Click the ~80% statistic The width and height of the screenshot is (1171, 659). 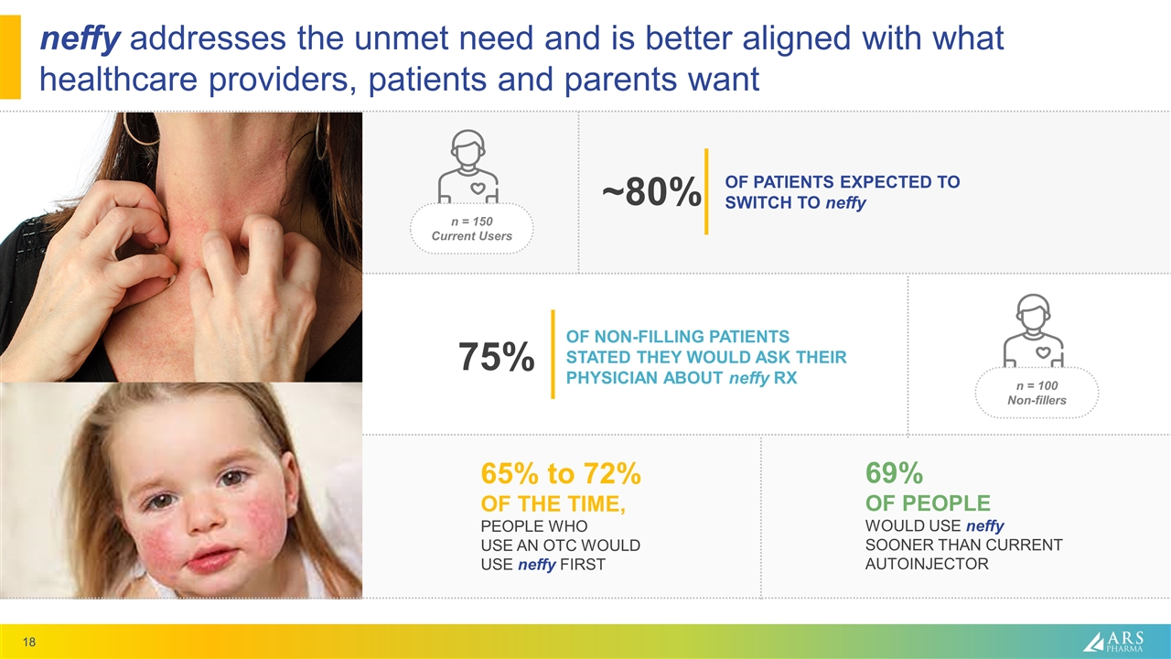click(650, 193)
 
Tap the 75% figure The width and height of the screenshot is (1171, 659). click(497, 356)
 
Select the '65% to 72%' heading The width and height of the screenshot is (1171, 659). click(560, 474)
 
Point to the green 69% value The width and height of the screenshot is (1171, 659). click(893, 474)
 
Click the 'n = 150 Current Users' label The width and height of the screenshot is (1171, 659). click(471, 229)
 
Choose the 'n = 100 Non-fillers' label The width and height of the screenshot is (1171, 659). click(1037, 393)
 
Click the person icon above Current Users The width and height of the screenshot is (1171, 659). click(468, 167)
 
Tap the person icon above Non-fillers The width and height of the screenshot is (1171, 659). click(1035, 330)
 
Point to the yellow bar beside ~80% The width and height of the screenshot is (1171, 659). click(706, 191)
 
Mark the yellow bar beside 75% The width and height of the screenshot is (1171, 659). click(553, 354)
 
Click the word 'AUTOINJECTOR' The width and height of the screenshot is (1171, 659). click(926, 564)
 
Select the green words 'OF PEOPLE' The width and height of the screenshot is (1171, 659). click(927, 503)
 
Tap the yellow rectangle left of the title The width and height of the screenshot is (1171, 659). click(10, 59)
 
